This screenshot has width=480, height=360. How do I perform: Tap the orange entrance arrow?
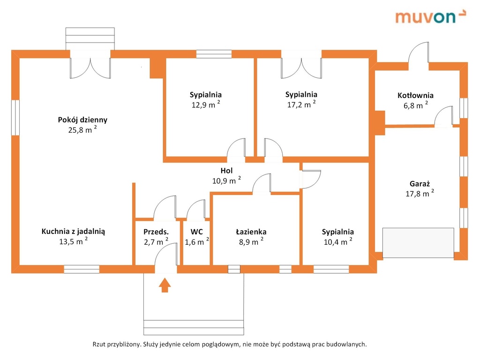[164, 285]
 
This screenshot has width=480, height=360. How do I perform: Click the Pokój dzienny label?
[82, 120]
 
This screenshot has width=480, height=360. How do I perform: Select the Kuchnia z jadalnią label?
[73, 231]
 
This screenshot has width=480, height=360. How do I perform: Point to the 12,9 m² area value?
[206, 105]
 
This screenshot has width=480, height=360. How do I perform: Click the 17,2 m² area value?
[301, 105]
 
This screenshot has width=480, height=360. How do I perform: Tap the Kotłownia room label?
[415, 95]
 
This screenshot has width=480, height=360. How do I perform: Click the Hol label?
[226, 171]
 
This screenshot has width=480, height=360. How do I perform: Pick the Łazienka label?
[251, 232]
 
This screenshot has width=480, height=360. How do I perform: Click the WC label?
[196, 232]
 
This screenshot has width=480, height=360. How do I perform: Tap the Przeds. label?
[156, 232]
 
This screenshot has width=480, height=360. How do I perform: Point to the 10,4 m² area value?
[337, 242]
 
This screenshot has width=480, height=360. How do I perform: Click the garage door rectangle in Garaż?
[418, 243]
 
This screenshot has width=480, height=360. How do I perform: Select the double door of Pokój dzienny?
[90, 67]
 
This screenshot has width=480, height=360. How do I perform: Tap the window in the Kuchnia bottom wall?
[82, 269]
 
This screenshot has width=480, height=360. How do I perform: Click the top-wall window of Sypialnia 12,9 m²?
[214, 54]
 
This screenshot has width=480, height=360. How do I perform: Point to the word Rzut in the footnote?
[100, 344]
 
